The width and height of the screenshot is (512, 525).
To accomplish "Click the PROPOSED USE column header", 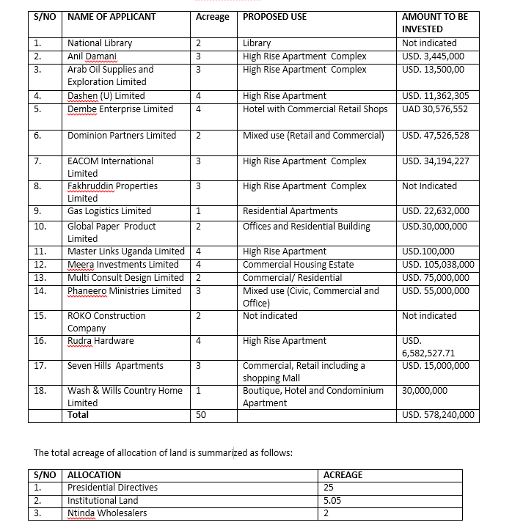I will (274, 17).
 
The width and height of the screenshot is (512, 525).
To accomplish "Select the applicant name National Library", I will (101, 43).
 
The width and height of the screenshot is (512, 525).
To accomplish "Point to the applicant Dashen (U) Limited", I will (106, 96).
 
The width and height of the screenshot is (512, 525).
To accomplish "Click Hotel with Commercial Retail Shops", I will (315, 109).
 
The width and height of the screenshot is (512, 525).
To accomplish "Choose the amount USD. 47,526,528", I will (436, 136).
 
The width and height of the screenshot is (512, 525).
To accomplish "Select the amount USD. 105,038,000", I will (438, 265).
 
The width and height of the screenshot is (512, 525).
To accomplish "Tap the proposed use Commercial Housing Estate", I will (298, 265).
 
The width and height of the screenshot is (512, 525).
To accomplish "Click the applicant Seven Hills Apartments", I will (115, 366).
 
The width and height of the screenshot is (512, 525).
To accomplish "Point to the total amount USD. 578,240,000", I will (438, 416).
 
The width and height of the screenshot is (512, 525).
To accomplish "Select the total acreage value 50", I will (201, 416).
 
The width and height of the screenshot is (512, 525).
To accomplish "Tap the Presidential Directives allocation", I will (112, 488).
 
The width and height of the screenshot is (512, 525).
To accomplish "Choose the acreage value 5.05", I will (332, 501).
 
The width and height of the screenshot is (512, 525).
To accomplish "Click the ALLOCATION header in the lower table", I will (94, 475).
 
